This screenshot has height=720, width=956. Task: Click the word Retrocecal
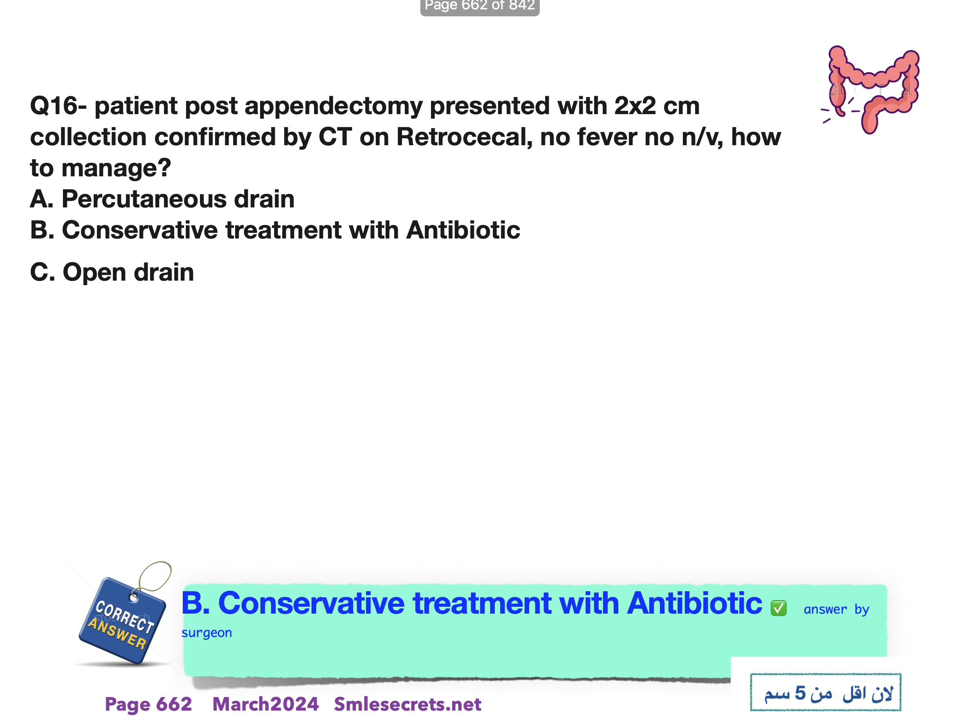pyautogui.click(x=465, y=137)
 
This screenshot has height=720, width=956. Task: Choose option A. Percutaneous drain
pyautogui.click(x=162, y=199)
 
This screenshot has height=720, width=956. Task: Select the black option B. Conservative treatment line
pyautogui.click(x=275, y=230)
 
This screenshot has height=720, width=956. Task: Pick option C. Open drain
pyautogui.click(x=112, y=273)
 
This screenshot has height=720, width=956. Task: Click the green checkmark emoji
pyautogui.click(x=779, y=608)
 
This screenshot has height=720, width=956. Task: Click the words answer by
pyautogui.click(x=836, y=609)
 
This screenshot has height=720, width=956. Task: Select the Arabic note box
pyautogui.click(x=826, y=692)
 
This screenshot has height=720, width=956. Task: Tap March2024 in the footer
pyautogui.click(x=265, y=704)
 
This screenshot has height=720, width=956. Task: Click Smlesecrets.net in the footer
pyautogui.click(x=408, y=704)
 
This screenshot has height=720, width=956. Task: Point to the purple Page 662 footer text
pyautogui.click(x=148, y=704)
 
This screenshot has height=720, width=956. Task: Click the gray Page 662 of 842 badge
pyautogui.click(x=480, y=7)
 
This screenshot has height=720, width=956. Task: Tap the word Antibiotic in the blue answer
pyautogui.click(x=695, y=603)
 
